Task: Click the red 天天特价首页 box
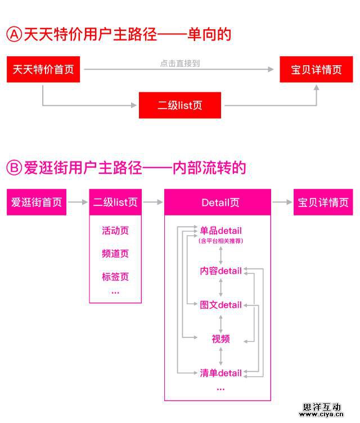(43, 70)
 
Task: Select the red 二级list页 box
(180, 105)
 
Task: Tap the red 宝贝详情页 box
(316, 70)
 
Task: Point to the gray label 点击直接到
(179, 63)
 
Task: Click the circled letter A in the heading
(13, 34)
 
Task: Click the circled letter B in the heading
(13, 168)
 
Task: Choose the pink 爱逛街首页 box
(37, 202)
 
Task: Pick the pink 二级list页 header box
(115, 202)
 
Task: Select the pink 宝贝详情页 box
(323, 202)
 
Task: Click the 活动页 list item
(115, 231)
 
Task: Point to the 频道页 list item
(115, 254)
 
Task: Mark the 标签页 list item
(115, 277)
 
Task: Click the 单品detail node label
(220, 231)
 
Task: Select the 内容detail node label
(220, 271)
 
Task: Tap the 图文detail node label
(220, 305)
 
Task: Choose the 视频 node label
(220, 339)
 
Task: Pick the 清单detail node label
(220, 372)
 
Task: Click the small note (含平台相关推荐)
(220, 241)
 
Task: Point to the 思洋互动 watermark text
(322, 407)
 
